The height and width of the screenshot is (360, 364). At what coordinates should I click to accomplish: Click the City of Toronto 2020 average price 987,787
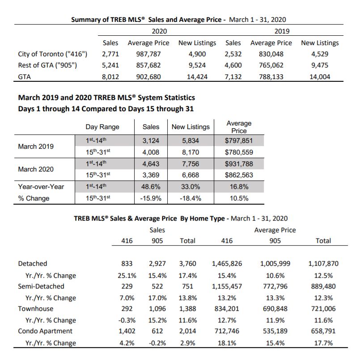(x=148, y=54)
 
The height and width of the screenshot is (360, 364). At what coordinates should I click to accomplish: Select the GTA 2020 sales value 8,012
(x=110, y=77)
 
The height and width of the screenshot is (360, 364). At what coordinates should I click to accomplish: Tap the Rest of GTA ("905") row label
(x=47, y=65)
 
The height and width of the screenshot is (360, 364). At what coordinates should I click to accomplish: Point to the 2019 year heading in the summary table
(x=282, y=31)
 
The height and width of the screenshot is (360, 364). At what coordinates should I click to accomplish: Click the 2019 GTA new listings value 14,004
(x=320, y=77)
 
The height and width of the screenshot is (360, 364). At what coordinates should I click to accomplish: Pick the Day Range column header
(x=102, y=127)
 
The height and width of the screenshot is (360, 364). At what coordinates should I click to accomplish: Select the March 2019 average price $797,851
(x=239, y=141)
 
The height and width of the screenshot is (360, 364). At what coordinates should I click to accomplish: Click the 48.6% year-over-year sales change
(x=151, y=187)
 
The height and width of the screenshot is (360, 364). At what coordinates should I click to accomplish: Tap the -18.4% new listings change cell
(x=190, y=198)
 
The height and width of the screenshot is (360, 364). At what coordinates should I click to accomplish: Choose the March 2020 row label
(x=36, y=169)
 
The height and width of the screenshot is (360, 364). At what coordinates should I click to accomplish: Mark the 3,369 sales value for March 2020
(x=151, y=175)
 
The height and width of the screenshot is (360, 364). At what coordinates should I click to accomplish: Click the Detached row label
(x=33, y=264)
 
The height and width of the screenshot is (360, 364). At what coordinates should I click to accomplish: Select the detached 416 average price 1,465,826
(x=227, y=264)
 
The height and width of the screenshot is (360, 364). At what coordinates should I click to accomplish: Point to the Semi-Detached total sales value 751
(x=187, y=286)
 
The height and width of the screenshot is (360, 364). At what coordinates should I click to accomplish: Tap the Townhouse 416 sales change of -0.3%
(x=127, y=320)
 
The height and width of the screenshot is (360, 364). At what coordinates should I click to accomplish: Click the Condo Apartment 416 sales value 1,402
(x=127, y=331)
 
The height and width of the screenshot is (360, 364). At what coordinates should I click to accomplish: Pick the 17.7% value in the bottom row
(x=323, y=343)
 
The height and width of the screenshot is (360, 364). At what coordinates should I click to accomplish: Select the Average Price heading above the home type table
(x=275, y=230)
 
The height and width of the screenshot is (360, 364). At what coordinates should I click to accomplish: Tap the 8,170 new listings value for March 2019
(x=190, y=152)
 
